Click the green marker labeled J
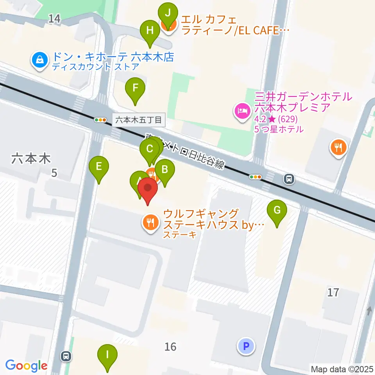(168, 13)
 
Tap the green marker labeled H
(150, 30)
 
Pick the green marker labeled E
(99, 167)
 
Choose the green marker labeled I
(107, 355)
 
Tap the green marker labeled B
(165, 170)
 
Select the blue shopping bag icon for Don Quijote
(40, 60)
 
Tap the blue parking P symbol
(246, 346)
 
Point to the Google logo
(26, 366)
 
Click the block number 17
(333, 292)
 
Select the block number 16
(170, 346)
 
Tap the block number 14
(55, 18)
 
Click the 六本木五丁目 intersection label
(139, 120)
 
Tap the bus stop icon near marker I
(66, 355)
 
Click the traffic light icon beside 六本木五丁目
(100, 120)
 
